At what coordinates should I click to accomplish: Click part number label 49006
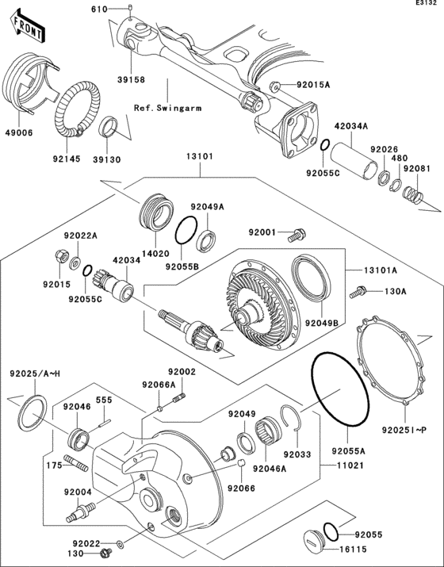point(20,132)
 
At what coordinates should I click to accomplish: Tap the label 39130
point(109,159)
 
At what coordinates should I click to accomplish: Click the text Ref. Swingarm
point(166,107)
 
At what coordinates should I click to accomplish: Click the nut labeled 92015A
point(272,85)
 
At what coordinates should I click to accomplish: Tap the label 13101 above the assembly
point(199,157)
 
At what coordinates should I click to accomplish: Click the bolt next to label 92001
point(297,234)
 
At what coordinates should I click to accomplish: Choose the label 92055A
point(347,450)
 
